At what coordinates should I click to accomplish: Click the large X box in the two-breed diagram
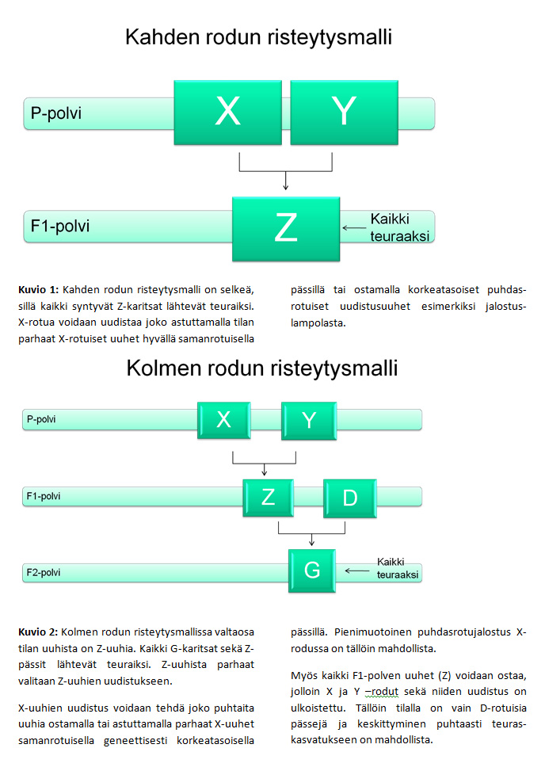click(x=228, y=112)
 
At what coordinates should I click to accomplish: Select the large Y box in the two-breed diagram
click(x=342, y=112)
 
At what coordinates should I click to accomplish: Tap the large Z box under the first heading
click(x=285, y=228)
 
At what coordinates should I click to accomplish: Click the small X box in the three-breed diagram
click(x=223, y=420)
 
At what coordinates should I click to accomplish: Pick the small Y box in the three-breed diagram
click(x=309, y=420)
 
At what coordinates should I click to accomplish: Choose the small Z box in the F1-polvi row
click(x=268, y=497)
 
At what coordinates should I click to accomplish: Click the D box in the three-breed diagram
click(x=349, y=497)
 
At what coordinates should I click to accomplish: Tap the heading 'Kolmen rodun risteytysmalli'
click(x=261, y=368)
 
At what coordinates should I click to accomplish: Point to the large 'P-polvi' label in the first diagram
click(x=56, y=113)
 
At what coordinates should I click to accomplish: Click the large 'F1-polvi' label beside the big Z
click(x=60, y=226)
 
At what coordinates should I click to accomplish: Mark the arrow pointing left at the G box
click(x=356, y=570)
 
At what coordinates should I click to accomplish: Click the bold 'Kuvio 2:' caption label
click(x=38, y=632)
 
